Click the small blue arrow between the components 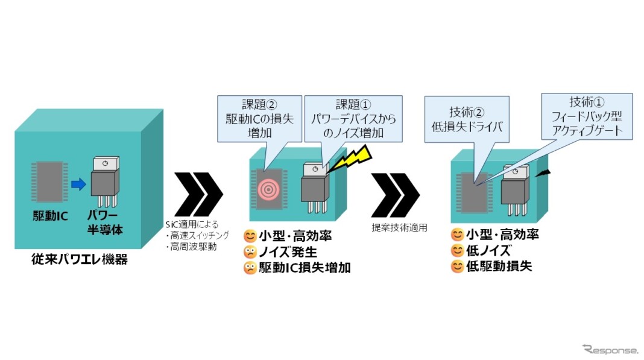(78, 185)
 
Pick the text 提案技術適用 (394, 228)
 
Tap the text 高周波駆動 (194, 246)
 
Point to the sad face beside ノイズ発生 (250, 252)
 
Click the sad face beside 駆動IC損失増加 (250, 268)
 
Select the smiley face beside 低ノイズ (458, 251)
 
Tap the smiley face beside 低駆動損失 (458, 266)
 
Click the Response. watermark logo (610, 349)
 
